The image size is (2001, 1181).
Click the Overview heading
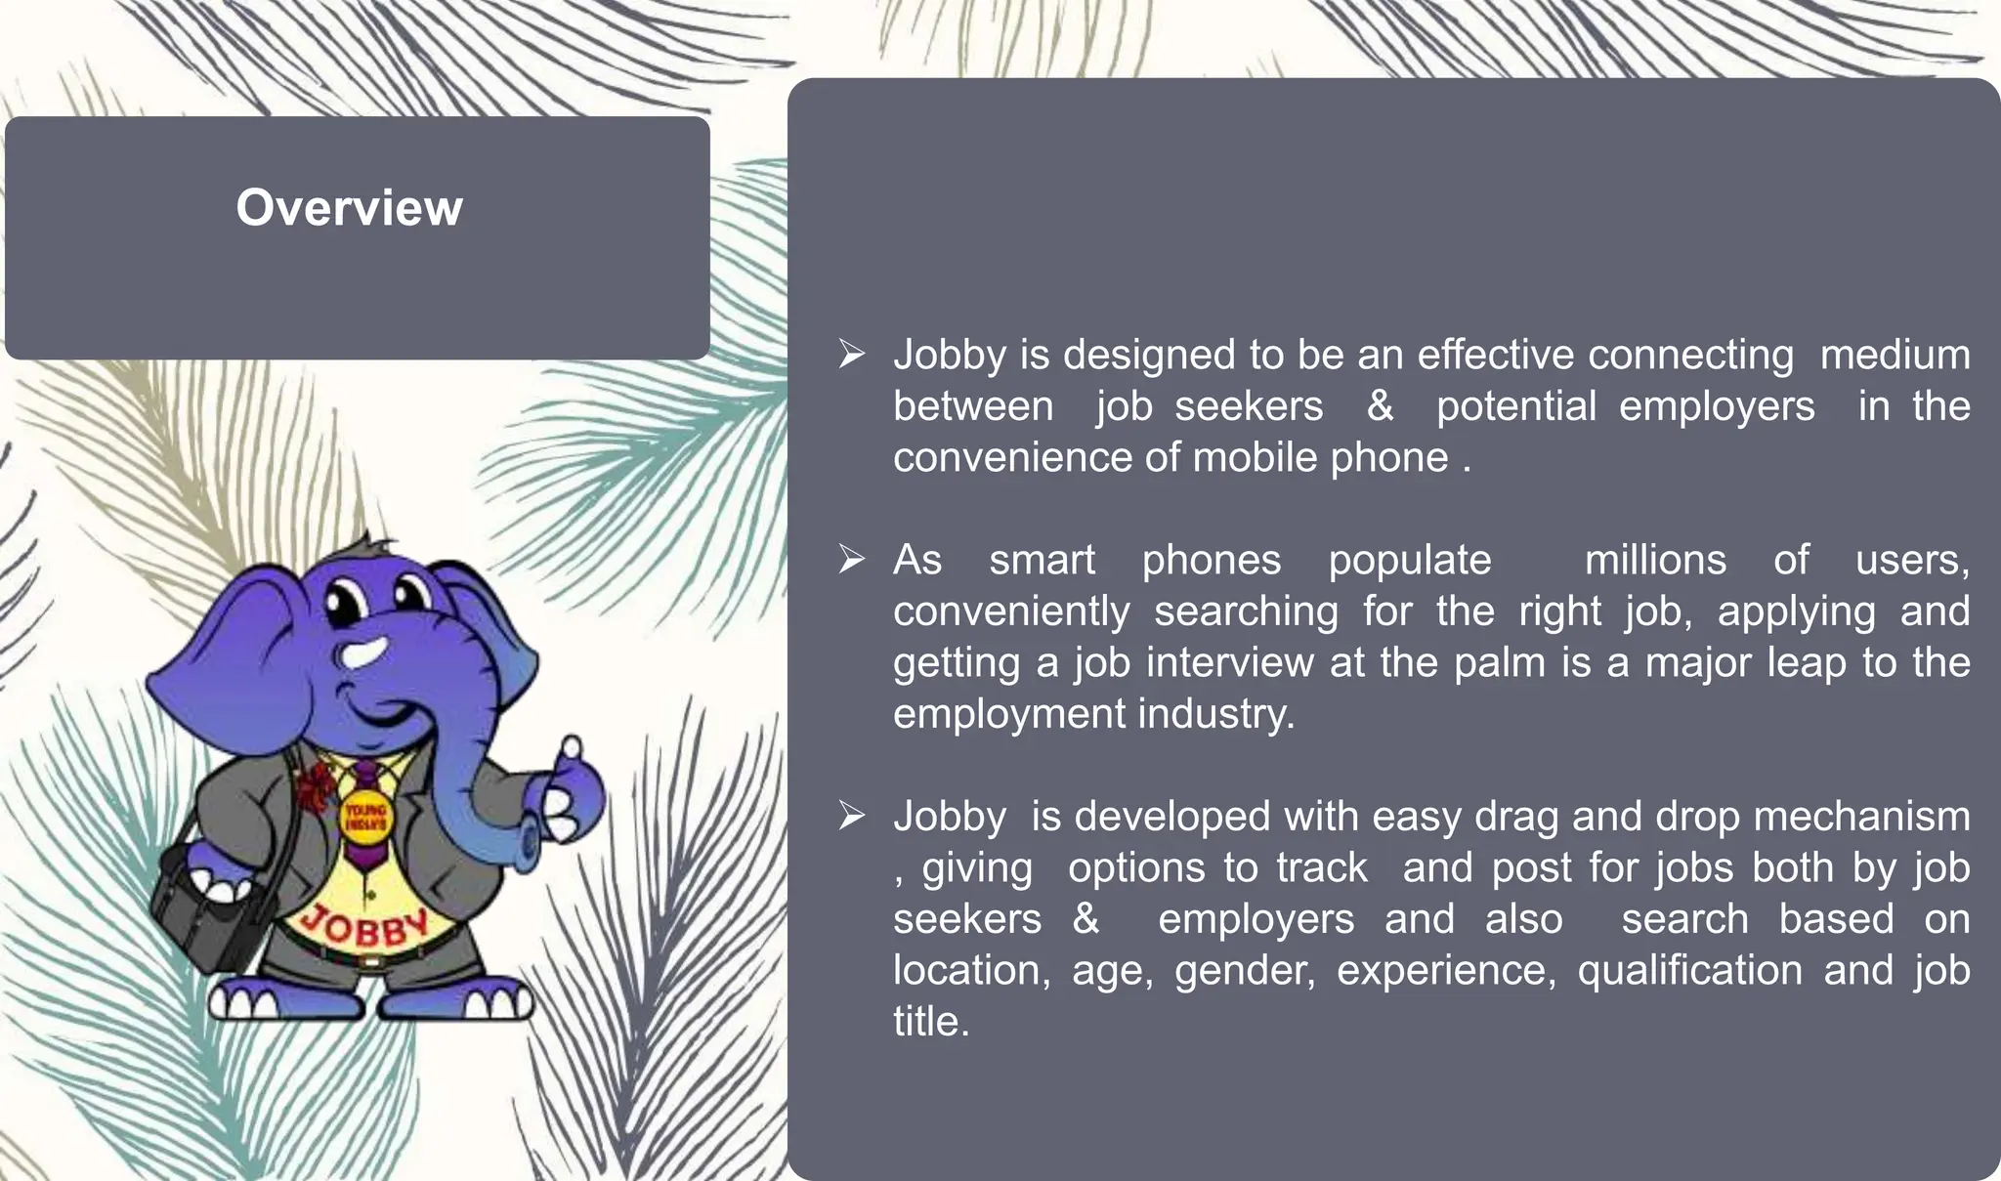coord(349,208)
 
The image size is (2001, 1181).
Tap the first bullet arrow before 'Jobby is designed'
coord(851,354)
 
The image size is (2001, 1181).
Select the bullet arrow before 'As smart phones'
coord(851,560)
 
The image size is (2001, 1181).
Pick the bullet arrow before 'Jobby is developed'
coord(851,816)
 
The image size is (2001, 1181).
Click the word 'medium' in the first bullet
coord(1895,355)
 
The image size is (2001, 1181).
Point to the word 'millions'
coord(1655,561)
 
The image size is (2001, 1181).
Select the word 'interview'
coord(1229,663)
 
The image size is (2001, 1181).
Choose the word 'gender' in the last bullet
coord(1244,971)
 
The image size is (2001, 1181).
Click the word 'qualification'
coord(1689,971)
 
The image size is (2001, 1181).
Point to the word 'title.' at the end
coord(931,1022)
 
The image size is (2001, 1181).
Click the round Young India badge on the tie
coord(363,817)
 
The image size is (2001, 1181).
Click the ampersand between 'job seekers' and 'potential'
coord(1380,406)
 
